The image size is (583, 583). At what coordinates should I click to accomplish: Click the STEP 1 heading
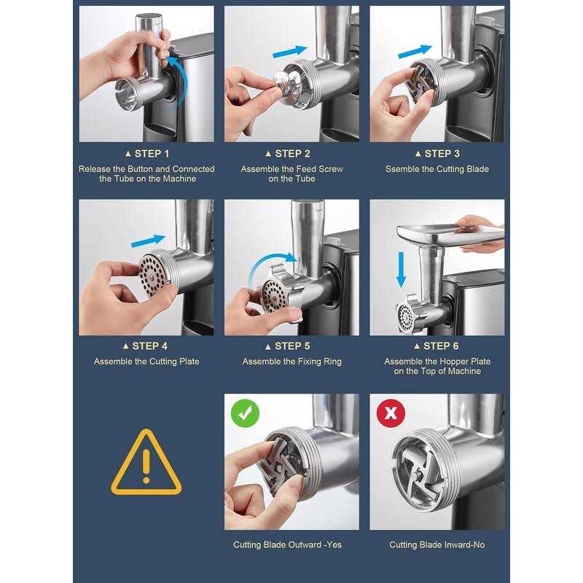147,154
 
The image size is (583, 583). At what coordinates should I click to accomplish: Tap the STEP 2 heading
288,154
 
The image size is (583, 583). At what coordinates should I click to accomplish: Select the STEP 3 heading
438,154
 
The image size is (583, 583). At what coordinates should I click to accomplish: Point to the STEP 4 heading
145,346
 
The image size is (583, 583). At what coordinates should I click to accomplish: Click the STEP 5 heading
288,346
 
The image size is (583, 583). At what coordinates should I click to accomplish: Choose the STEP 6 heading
437,346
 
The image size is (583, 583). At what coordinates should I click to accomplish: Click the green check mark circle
245,413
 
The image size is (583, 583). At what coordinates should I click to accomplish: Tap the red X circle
391,413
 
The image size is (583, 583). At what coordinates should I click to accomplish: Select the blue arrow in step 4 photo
148,241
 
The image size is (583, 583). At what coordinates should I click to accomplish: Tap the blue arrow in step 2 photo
290,51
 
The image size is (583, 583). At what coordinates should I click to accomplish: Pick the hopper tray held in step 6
450,233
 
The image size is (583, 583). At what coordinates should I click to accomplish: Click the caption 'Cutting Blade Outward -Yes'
287,544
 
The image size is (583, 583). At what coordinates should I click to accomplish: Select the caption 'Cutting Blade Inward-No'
437,544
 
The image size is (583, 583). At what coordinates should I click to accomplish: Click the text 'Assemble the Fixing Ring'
292,361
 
